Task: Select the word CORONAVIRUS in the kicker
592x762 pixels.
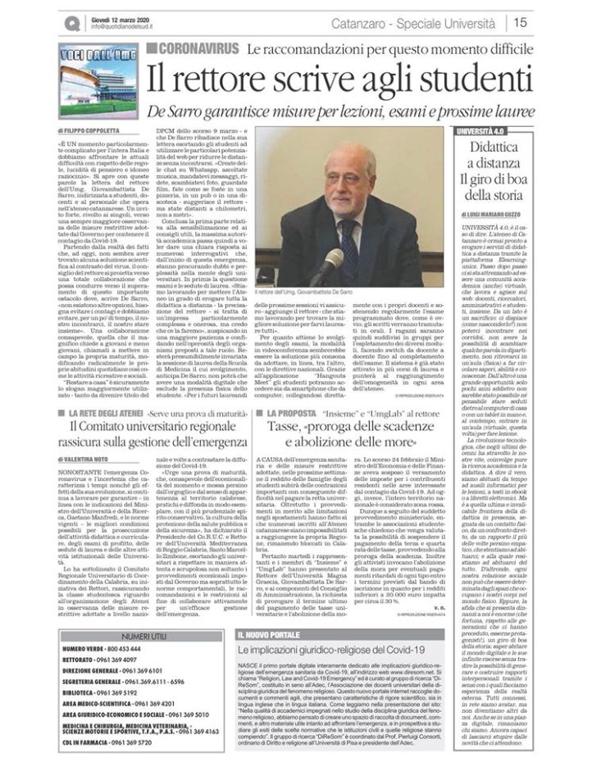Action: click(x=199, y=49)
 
